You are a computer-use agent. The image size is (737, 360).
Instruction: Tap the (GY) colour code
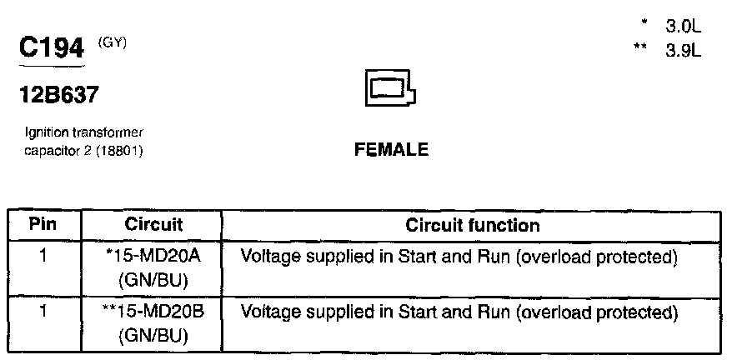113,42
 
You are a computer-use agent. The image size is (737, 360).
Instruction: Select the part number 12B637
58,95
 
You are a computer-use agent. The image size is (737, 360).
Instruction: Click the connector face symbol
389,88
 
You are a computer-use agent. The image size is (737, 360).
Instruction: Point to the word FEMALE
391,150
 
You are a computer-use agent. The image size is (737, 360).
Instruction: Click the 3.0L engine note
683,27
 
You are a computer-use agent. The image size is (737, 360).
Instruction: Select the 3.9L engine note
683,50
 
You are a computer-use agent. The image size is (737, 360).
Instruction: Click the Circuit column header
153,225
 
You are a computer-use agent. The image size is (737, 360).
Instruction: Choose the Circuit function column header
472,225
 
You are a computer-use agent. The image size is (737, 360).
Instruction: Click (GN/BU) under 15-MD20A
153,280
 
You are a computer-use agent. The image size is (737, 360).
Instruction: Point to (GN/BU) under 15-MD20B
153,337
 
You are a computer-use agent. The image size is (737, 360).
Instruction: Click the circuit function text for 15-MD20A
457,257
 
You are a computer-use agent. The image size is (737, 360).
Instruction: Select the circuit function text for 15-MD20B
457,313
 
